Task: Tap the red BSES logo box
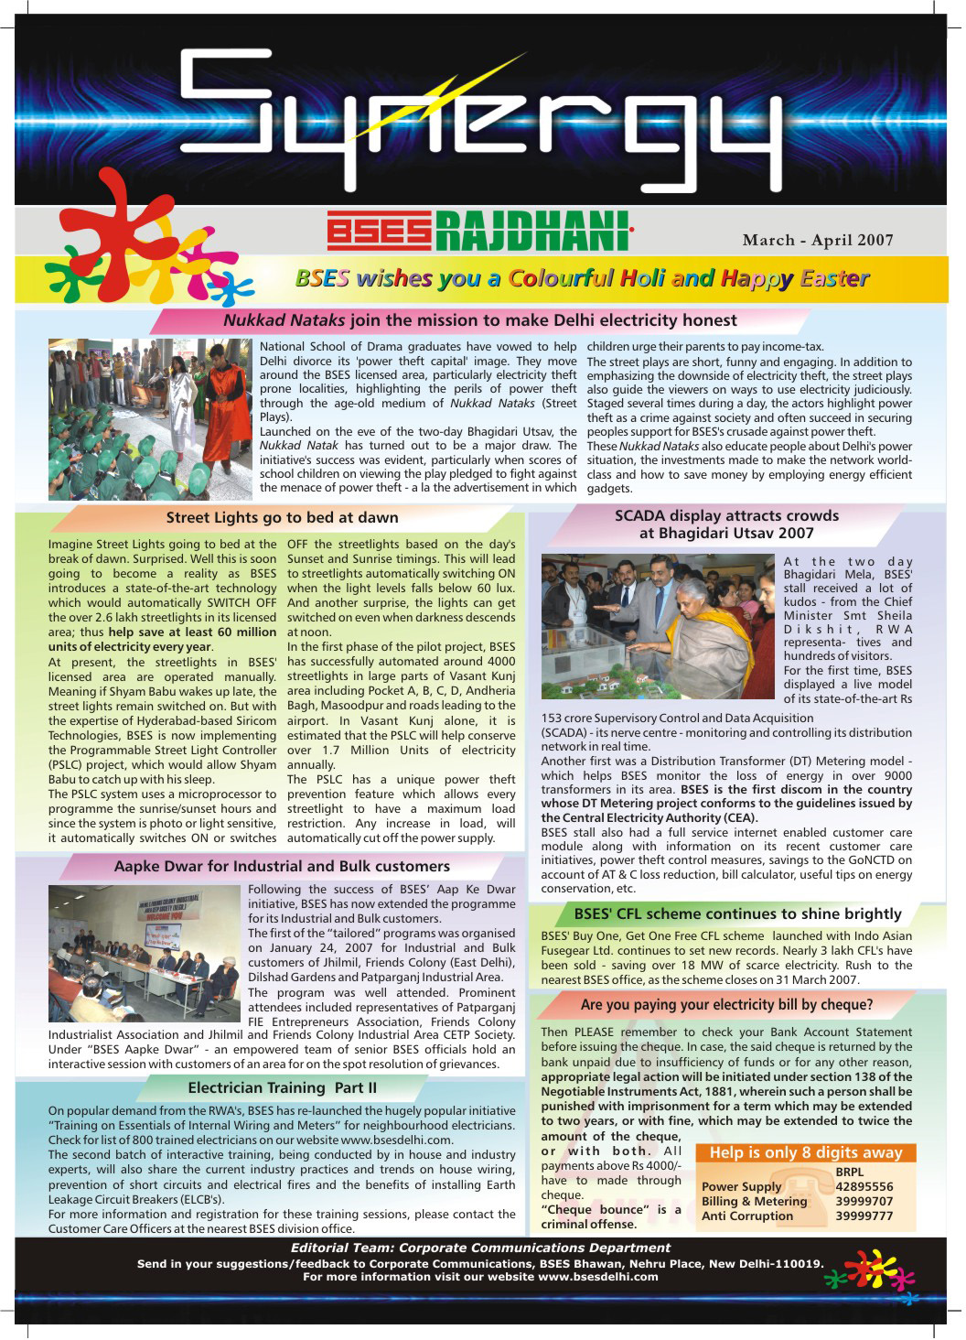click(x=379, y=231)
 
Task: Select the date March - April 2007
click(x=818, y=240)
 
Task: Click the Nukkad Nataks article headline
click(x=479, y=320)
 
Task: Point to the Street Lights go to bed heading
click(x=282, y=517)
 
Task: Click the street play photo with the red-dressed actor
click(x=149, y=419)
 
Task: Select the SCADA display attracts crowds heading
click(x=726, y=524)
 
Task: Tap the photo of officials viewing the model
click(x=658, y=626)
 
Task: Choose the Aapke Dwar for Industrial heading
click(x=282, y=866)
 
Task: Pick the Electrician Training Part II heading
click(x=282, y=1087)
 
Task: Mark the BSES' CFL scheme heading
click(x=737, y=913)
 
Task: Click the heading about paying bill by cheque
click(x=726, y=1004)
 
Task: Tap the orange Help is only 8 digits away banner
click(x=806, y=1152)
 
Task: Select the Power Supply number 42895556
click(x=864, y=1186)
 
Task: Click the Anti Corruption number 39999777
click(x=864, y=1216)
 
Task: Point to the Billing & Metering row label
click(x=754, y=1201)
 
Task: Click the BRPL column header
click(x=849, y=1172)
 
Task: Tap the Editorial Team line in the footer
click(x=480, y=1248)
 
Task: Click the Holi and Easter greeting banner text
click(x=582, y=278)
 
